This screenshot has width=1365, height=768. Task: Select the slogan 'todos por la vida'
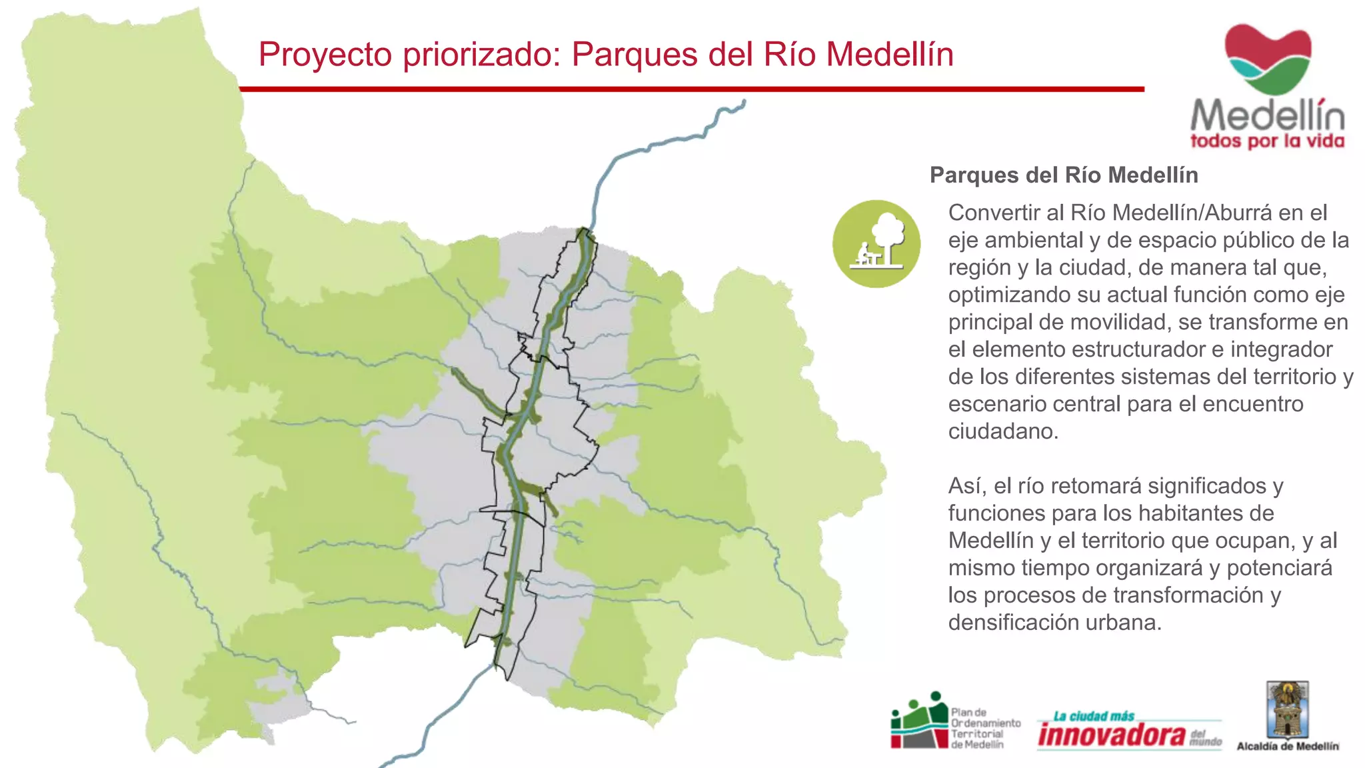pyautogui.click(x=1267, y=141)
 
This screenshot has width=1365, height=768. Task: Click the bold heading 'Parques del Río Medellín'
pyautogui.click(x=1064, y=175)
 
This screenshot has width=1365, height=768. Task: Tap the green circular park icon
pyautogui.click(x=876, y=244)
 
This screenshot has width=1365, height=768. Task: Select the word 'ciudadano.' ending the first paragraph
pyautogui.click(x=1003, y=431)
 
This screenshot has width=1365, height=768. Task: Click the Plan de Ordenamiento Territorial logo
pyautogui.click(x=955, y=723)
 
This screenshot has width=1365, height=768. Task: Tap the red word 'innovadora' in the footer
pyautogui.click(x=1112, y=735)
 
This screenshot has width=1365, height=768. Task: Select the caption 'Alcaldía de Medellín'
pyautogui.click(x=1287, y=747)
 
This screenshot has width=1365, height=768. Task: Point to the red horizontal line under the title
pyautogui.click(x=691, y=89)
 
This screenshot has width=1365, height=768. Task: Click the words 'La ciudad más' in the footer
pyautogui.click(x=1094, y=717)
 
